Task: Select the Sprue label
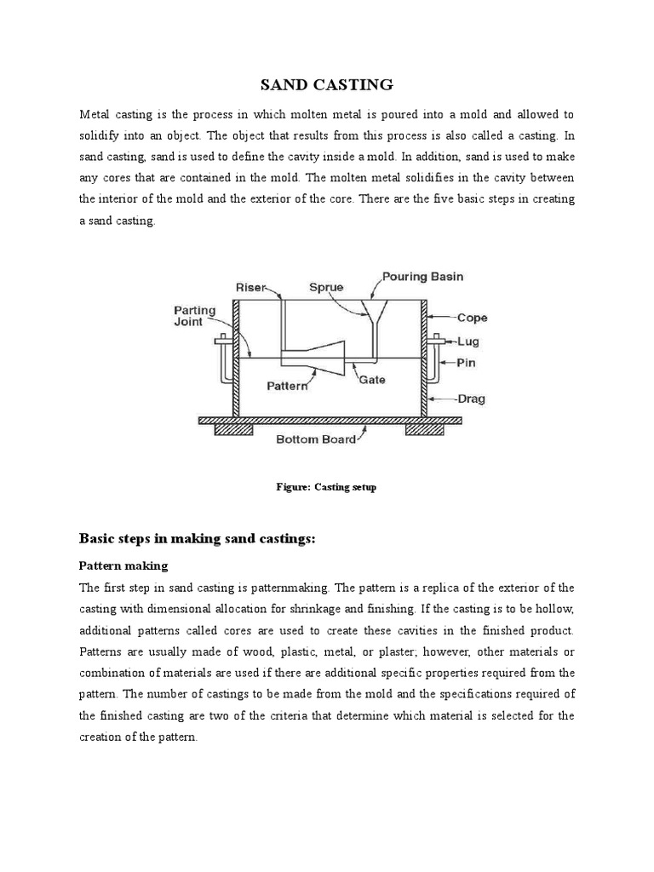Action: pyautogui.click(x=325, y=287)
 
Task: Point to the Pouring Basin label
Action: pyautogui.click(x=422, y=277)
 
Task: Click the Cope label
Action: pyautogui.click(x=473, y=318)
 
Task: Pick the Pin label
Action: pyautogui.click(x=467, y=362)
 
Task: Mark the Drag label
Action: pyautogui.click(x=471, y=398)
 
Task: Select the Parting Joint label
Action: pyautogui.click(x=195, y=316)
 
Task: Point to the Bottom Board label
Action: pyautogui.click(x=315, y=439)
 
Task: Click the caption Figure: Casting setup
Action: pyautogui.click(x=326, y=487)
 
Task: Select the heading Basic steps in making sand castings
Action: pyautogui.click(x=197, y=538)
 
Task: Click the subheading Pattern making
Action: pyautogui.click(x=123, y=565)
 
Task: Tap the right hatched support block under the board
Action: pyautogui.click(x=422, y=429)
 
